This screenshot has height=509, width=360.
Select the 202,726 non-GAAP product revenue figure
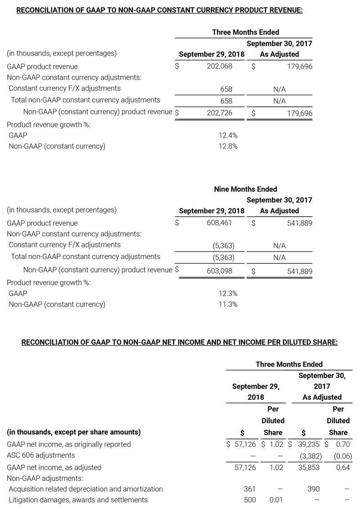[x=220, y=113]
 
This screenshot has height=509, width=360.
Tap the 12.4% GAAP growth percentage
[x=227, y=135]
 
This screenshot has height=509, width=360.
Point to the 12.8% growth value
[x=227, y=146]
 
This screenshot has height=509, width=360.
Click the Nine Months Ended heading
[x=245, y=189]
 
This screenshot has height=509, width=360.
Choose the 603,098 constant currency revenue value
[x=220, y=271]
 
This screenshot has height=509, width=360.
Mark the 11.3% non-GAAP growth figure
[x=227, y=304]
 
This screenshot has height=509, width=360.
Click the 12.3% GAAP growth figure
[x=227, y=293]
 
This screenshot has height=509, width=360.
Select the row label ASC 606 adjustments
[x=41, y=455]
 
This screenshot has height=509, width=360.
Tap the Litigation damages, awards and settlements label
[x=78, y=500]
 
